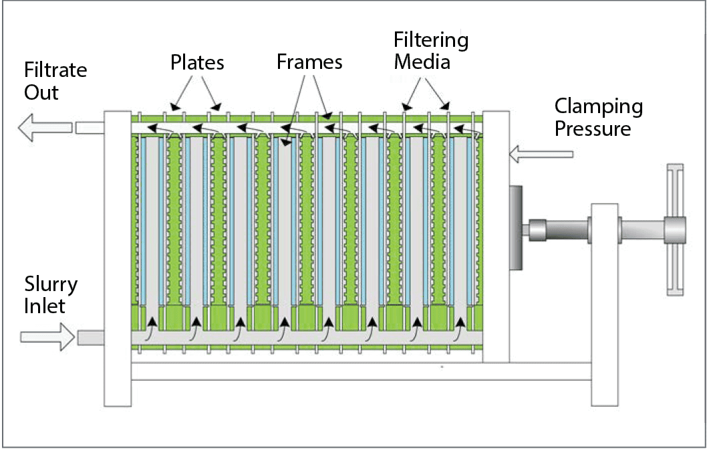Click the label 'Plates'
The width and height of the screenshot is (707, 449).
pos(197,63)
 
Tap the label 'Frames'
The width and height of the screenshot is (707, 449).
pos(309,62)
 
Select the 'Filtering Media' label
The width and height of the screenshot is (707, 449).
pos(431,51)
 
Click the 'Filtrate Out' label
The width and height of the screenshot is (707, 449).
pos(55,81)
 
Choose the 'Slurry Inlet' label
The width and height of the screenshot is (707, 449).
pos(51,294)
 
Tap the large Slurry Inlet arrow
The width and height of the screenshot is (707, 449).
pos(49,337)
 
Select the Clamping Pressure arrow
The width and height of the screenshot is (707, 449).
pos(541,155)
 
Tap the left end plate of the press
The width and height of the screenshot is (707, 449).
pos(118,258)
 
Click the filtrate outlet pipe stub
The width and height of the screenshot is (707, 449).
pos(90,127)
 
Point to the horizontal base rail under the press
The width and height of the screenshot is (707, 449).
pos(361,371)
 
